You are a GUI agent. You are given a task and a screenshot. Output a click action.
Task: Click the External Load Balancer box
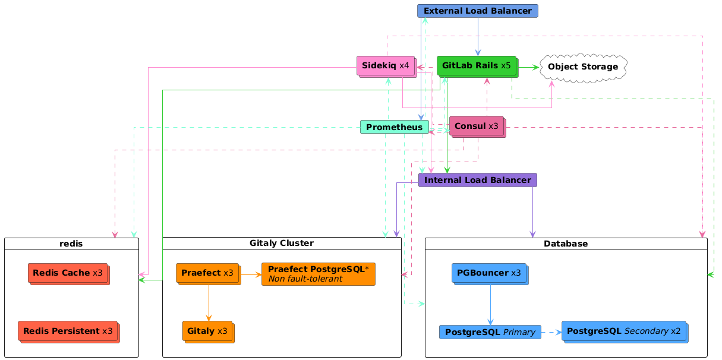478,11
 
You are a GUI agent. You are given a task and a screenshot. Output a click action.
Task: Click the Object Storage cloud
582,67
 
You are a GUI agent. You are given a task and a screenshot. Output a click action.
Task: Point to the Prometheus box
395,127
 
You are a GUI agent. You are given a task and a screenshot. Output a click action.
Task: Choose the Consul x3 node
477,126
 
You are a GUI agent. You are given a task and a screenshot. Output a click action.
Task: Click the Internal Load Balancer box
478,180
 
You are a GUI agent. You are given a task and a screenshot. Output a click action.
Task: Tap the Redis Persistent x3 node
67,330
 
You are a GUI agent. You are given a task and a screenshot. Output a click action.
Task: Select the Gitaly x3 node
207,331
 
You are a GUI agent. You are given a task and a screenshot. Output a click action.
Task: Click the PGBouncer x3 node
489,273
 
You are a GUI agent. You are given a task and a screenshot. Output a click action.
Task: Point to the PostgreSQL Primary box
490,332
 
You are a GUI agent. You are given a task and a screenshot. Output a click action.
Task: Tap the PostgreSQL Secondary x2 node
624,331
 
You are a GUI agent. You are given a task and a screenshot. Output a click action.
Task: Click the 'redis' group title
71,244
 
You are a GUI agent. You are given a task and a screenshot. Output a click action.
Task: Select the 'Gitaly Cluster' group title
282,244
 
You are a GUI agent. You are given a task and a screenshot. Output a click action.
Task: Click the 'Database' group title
566,244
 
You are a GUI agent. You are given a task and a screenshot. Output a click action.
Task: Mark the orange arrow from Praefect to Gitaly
209,303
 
